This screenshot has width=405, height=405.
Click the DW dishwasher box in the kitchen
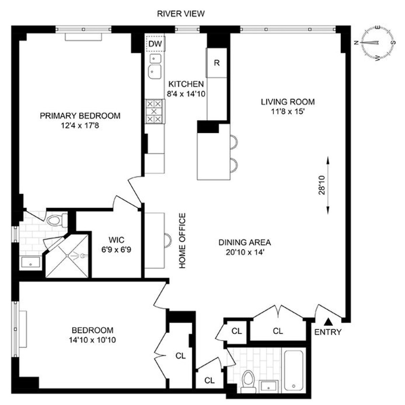pos(156,44)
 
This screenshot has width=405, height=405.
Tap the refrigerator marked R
pos(216,63)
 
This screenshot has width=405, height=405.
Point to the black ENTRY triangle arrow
pos(328,322)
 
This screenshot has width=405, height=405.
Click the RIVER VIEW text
pos(181,13)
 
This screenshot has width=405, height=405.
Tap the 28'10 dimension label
pos(322,185)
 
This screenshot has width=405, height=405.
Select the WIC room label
pos(116,240)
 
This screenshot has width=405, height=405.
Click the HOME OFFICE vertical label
pos(182,241)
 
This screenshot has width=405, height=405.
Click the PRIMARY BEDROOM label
pos(80,116)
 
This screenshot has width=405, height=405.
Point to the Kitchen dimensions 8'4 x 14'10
pos(186,94)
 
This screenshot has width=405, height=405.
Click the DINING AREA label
pos(245,243)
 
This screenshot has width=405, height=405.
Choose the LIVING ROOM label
pos(288,102)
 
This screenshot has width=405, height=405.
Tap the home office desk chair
pos(168,240)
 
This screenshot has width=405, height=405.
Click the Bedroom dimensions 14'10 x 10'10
pos(92,340)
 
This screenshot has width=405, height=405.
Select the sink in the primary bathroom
pos(31,262)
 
